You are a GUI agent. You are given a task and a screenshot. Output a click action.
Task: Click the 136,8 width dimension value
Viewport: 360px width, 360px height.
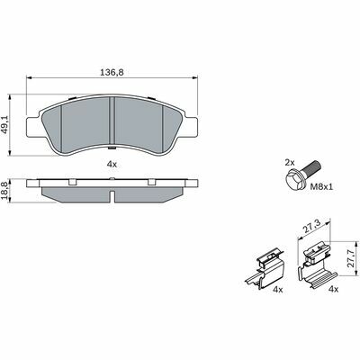112,72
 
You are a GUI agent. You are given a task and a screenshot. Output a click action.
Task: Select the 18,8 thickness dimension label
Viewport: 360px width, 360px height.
4,191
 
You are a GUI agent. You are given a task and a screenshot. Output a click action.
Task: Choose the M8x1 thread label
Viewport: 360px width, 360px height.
321,187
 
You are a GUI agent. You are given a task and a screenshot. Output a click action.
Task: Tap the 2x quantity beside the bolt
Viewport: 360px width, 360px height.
290,163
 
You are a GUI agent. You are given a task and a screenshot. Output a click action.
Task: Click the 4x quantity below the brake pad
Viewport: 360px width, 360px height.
112,164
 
